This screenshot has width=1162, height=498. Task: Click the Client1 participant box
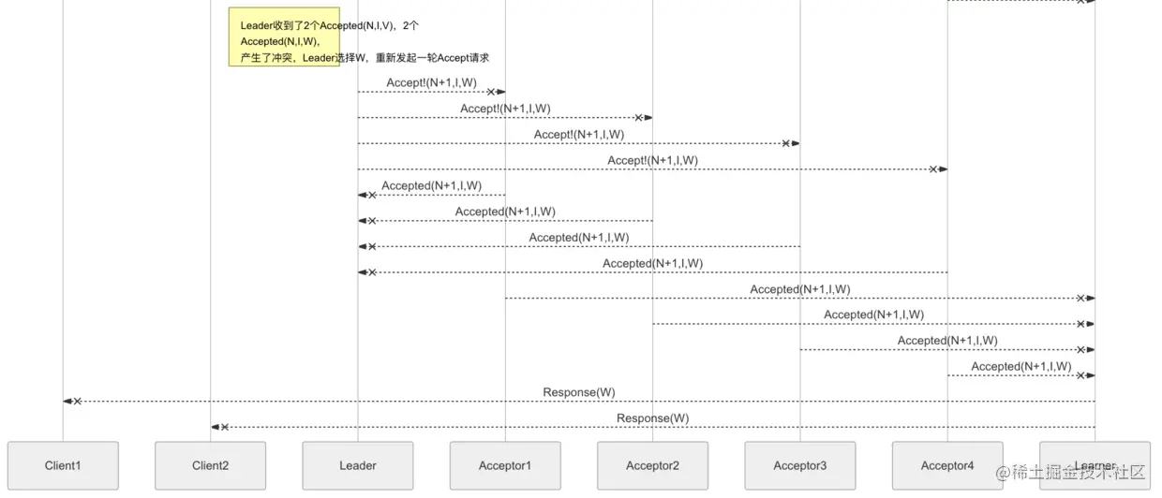tap(63, 465)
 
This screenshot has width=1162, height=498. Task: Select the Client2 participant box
tap(210, 465)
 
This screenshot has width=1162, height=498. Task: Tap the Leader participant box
tap(357, 465)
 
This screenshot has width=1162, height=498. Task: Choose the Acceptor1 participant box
tap(505, 465)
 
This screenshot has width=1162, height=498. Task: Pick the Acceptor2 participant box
tap(652, 465)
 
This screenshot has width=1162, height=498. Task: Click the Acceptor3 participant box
tap(800, 465)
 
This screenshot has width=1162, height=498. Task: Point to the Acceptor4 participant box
tap(947, 465)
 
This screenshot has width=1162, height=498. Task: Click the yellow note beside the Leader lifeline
tap(284, 37)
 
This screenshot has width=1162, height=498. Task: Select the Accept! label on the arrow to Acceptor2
tap(505, 109)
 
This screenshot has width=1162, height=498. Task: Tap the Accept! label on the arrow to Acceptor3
tap(579, 135)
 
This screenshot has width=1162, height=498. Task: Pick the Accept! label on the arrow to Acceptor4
tap(652, 160)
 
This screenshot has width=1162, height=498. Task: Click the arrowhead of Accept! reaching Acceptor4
tap(943, 169)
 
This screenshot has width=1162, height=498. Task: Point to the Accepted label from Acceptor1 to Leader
tap(431, 185)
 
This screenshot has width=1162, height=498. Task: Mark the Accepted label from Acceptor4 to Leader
tap(652, 263)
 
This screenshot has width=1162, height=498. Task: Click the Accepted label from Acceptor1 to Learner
tap(800, 289)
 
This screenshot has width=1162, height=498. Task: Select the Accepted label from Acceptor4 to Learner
tap(1021, 366)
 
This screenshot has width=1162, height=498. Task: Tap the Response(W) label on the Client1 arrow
tap(579, 392)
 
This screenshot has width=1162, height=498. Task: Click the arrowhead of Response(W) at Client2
tap(216, 427)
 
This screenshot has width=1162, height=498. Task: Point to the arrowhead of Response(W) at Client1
tap(68, 401)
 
